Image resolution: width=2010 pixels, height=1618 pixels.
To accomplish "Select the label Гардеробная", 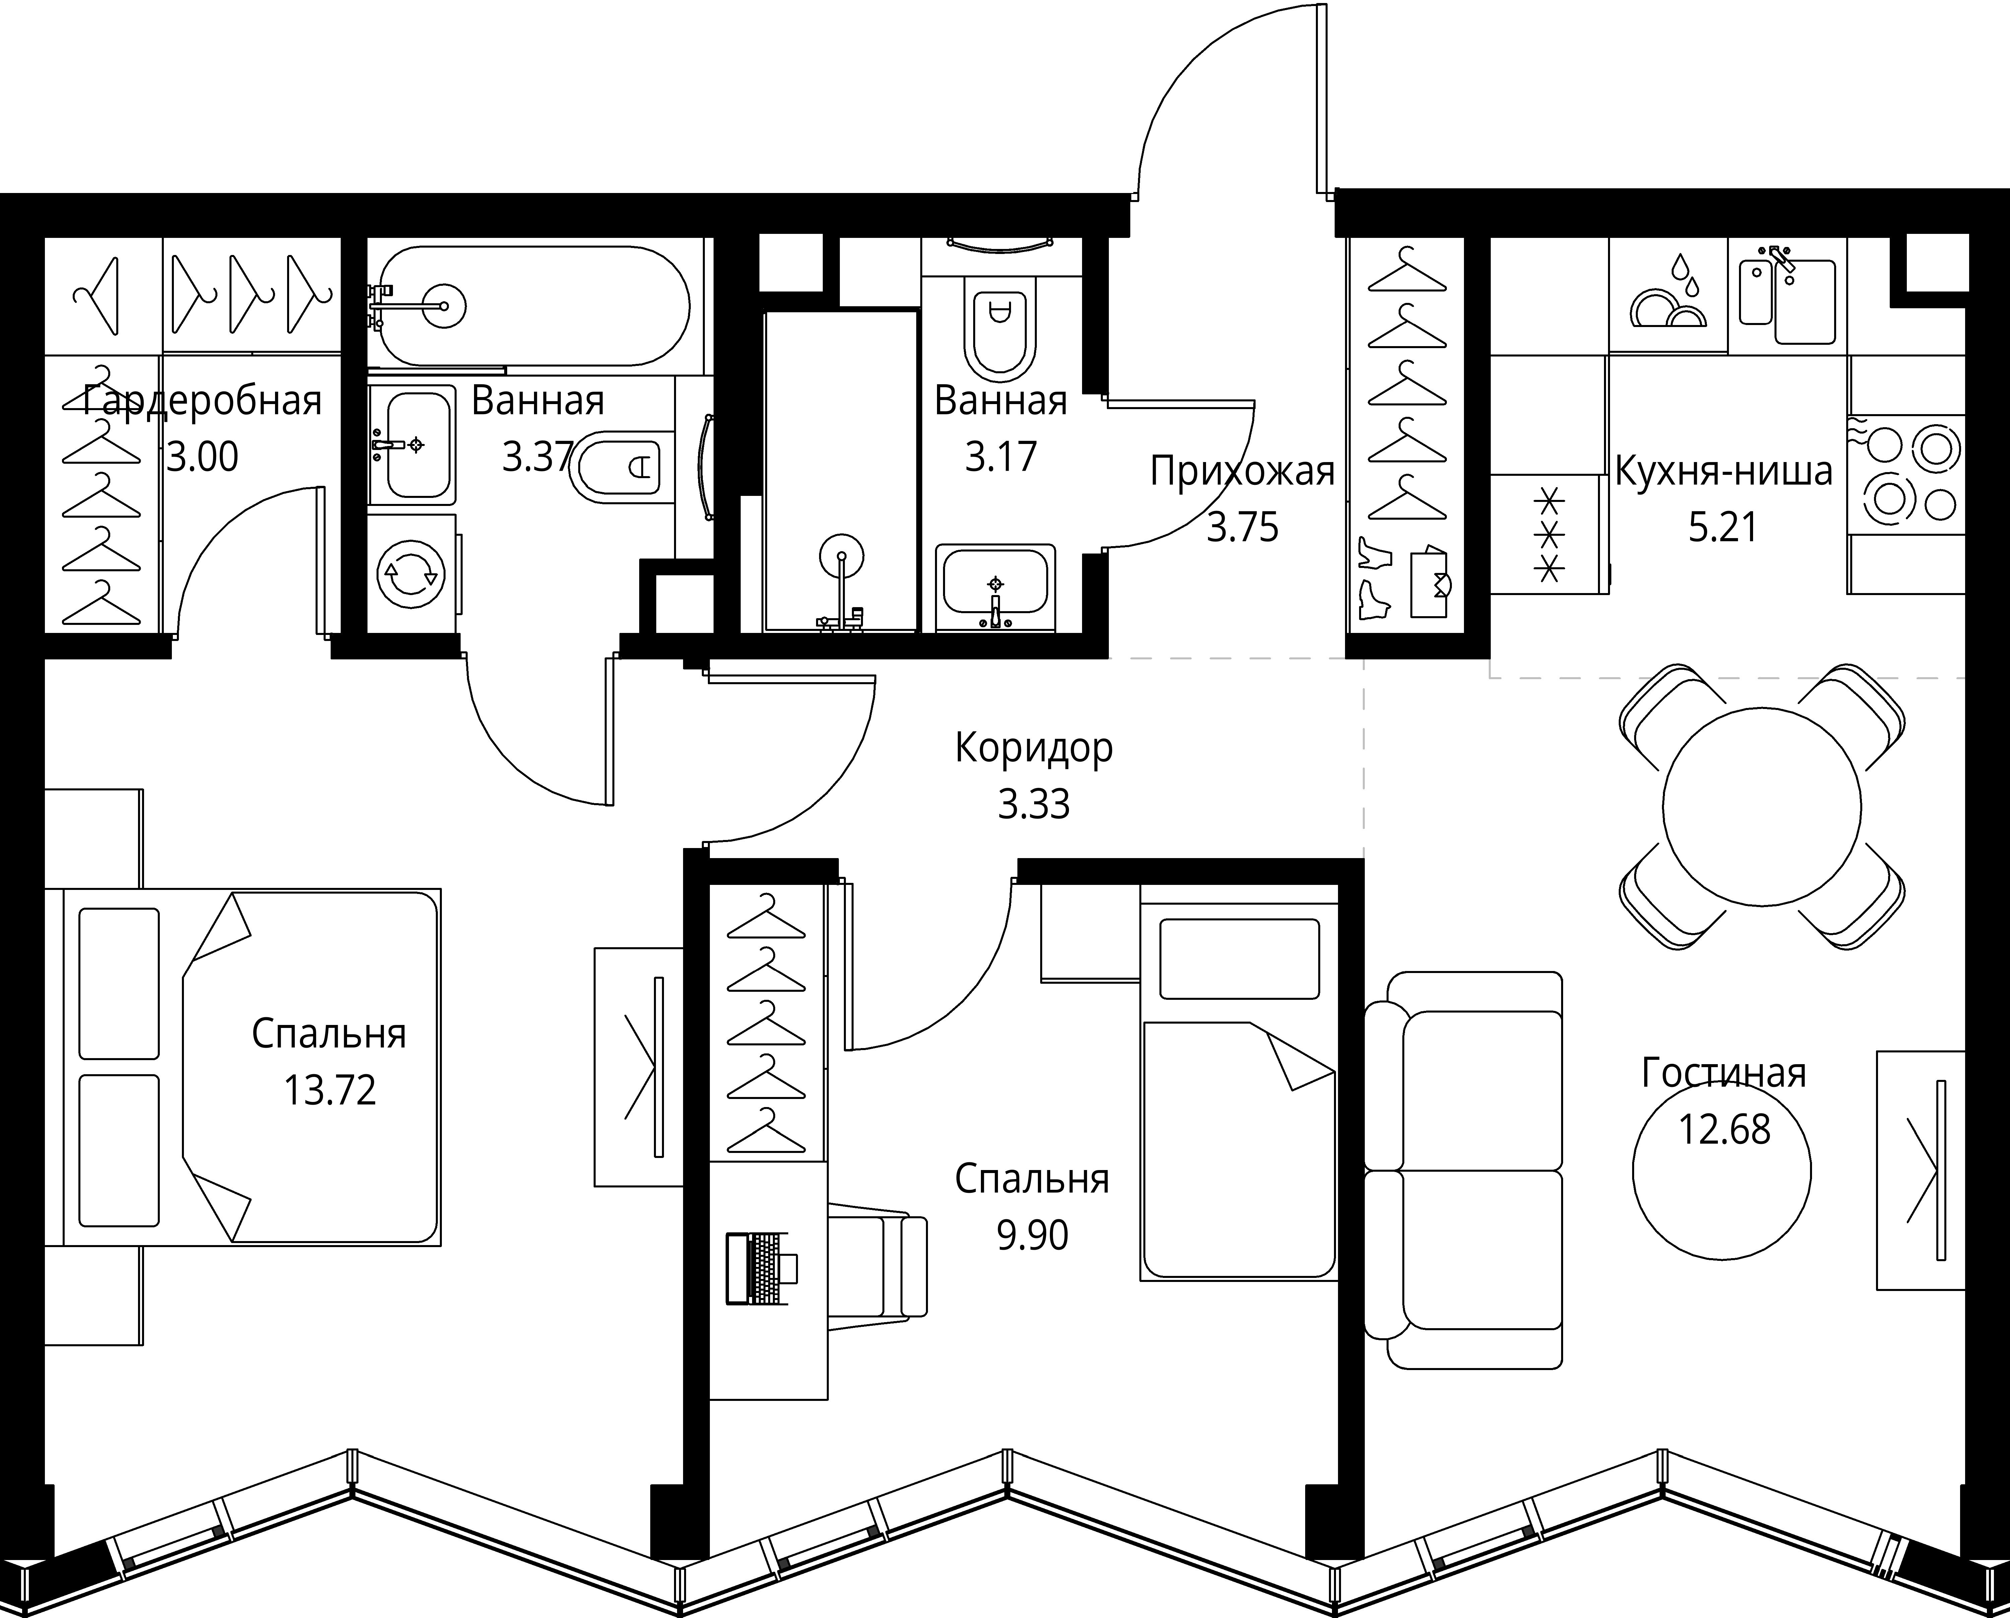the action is pyautogui.click(x=202, y=401).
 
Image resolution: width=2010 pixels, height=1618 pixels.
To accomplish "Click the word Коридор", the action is pyautogui.click(x=1034, y=748).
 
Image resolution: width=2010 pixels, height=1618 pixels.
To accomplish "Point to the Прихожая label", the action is pyautogui.click(x=1242, y=472).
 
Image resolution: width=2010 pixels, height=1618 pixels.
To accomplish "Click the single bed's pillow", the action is pyautogui.click(x=1240, y=959).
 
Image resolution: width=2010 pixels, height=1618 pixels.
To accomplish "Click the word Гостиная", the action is pyautogui.click(x=1724, y=1074).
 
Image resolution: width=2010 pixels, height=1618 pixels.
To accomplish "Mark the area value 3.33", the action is pyautogui.click(x=1034, y=804).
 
